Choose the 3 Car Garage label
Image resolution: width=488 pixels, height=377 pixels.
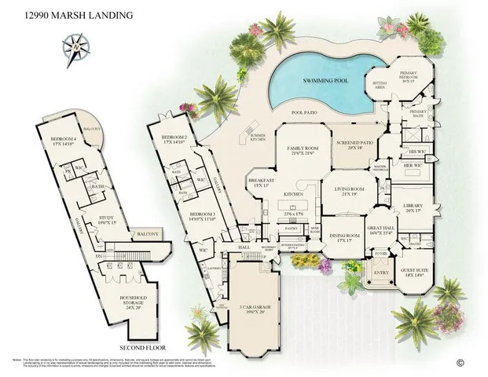pos(251,306)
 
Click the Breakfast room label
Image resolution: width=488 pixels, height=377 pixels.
pos(261,181)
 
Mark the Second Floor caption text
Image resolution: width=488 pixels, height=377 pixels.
pos(141,346)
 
